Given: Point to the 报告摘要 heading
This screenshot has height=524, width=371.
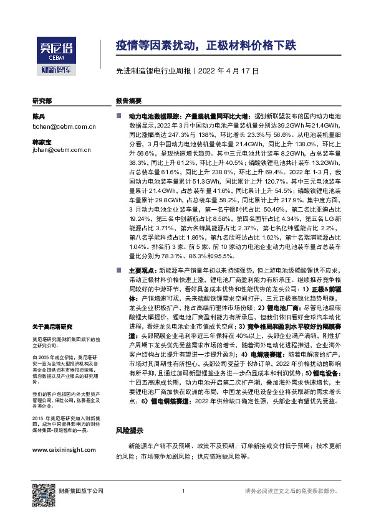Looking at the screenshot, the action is pyautogui.click(x=128, y=101).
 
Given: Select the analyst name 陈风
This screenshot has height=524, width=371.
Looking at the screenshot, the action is pyautogui.click(x=39, y=116).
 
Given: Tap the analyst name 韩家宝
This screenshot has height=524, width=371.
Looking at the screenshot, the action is pyautogui.click(x=42, y=142).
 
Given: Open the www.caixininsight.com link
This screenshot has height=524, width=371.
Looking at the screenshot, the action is pyautogui.click(x=64, y=450).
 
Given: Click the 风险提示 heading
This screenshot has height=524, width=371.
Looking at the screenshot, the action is pyautogui.click(x=130, y=430).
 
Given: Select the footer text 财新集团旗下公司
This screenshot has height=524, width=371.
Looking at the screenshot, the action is pyautogui.click(x=80, y=492).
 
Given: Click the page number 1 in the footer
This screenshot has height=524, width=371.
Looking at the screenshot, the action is pyautogui.click(x=183, y=492).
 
